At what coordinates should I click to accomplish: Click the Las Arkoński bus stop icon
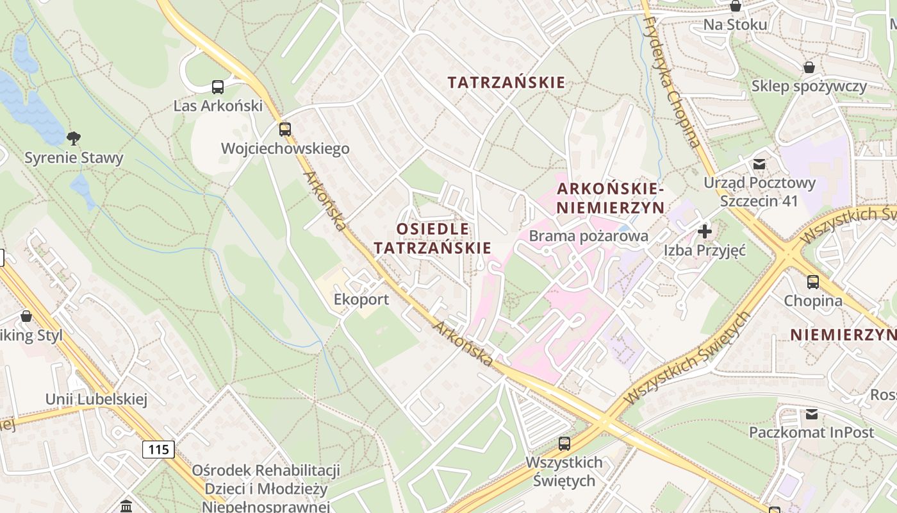pos(218,87)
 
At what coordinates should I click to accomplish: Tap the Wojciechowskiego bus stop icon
pos(285,130)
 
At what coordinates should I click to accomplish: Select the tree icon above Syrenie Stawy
pos(74,138)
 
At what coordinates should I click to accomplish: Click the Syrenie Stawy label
pos(74,158)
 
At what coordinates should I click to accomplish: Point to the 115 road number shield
pos(158,449)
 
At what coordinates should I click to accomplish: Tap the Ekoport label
pos(361,299)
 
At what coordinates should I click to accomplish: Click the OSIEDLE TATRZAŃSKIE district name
pos(432,238)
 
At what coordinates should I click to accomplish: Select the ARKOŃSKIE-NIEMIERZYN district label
pos(610,198)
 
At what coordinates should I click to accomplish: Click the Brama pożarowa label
pos(588,236)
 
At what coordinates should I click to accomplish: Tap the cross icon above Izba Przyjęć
pos(705,231)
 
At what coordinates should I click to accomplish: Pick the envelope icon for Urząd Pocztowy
pos(759,164)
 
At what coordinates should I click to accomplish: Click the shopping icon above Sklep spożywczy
pos(809,67)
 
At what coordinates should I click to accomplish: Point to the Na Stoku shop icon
pos(736,6)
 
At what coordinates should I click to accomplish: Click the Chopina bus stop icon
pos(812,282)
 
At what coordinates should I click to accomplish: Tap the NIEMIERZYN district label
pos(843,334)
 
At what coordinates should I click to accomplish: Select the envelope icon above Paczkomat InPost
pos(812,414)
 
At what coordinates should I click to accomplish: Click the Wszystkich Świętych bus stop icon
pos(564,443)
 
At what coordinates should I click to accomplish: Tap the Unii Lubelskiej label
pos(96,399)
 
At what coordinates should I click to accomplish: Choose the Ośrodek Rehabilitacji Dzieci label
pos(266,480)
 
